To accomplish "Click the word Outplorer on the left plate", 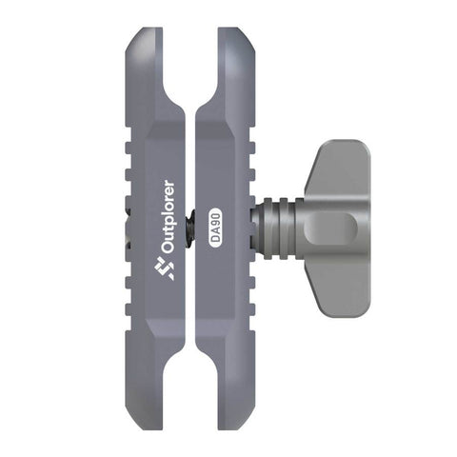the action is (169, 217).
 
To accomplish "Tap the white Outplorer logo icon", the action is (164, 268).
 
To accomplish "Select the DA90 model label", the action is (216, 227).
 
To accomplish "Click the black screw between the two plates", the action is (190, 228).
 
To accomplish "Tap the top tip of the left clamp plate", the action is (145, 30).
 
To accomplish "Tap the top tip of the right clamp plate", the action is (236, 30).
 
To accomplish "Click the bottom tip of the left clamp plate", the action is (145, 428).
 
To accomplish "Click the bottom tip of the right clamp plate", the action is (236, 428).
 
